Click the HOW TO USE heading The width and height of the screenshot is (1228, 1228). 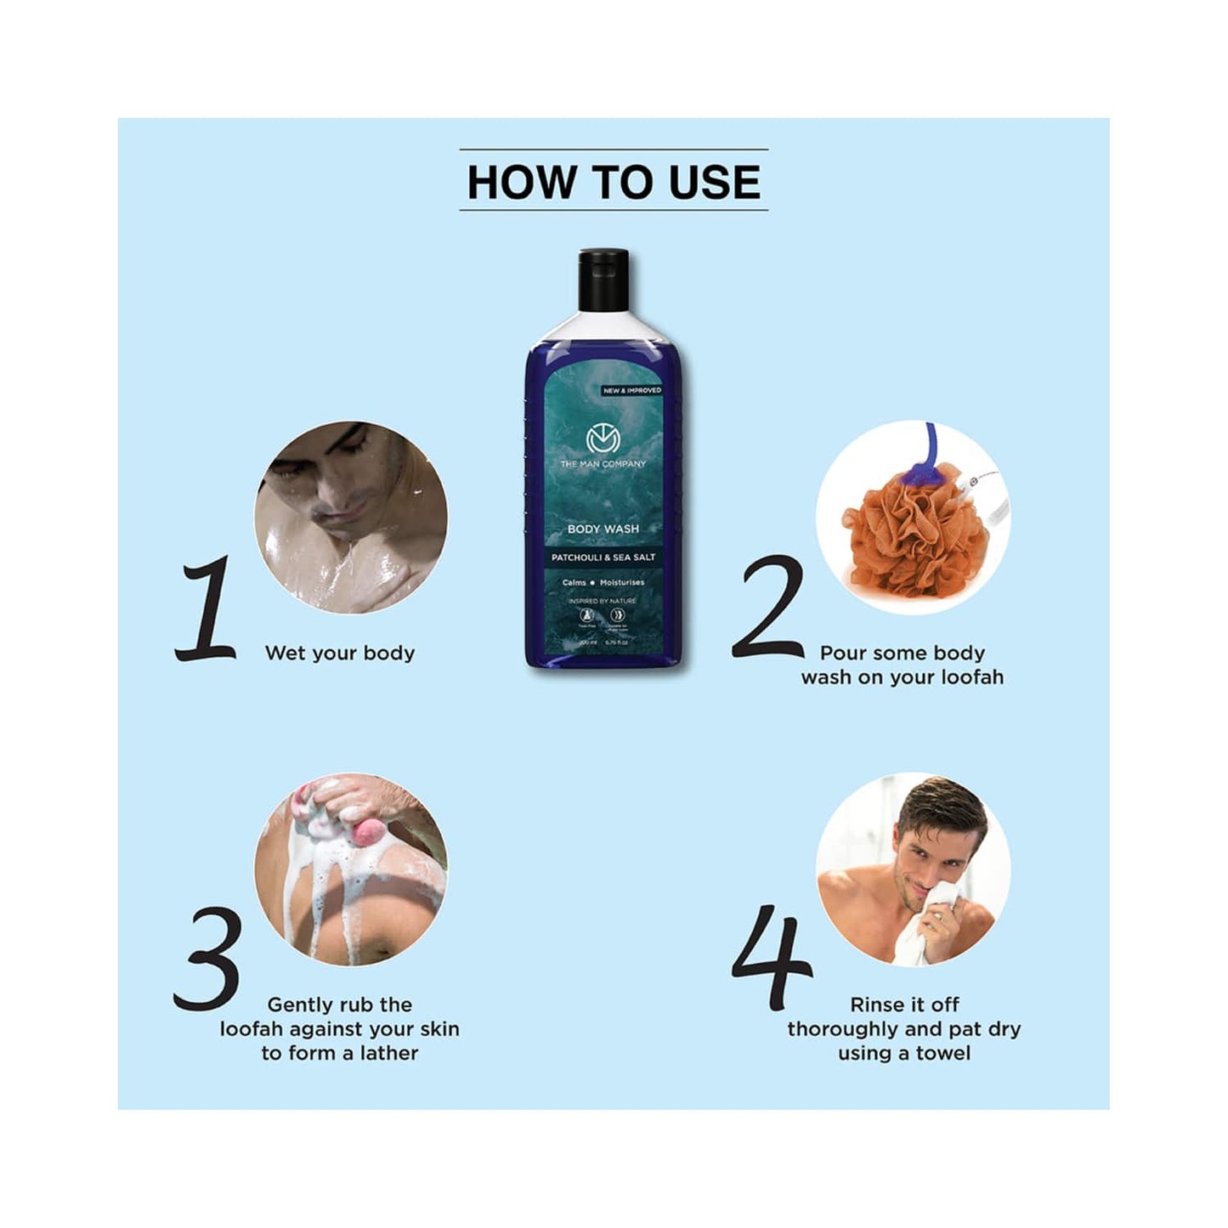click(614, 182)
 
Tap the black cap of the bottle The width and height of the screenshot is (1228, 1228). click(603, 279)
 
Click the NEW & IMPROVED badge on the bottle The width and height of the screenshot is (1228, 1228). click(631, 390)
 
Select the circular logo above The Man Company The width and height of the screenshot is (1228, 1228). click(603, 439)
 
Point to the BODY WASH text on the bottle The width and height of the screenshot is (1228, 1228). click(603, 529)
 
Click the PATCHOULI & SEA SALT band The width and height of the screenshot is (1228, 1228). click(603, 557)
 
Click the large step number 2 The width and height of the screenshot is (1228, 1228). click(767, 608)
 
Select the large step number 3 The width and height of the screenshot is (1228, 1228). click(207, 959)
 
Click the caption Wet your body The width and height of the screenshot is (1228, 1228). click(340, 653)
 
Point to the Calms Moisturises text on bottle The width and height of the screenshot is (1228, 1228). click(603, 583)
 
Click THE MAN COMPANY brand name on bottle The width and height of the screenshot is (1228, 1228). click(603, 464)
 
